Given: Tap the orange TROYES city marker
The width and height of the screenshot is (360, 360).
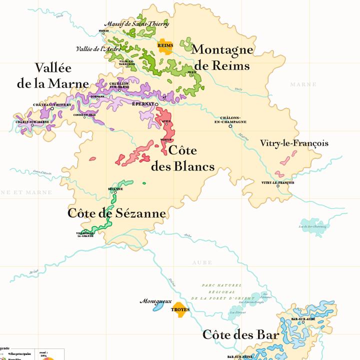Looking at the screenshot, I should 180,308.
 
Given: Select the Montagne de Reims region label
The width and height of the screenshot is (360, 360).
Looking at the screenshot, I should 222,57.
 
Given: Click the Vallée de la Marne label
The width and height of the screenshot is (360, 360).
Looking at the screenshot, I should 53,75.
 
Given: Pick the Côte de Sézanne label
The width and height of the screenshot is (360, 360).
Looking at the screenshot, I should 116,213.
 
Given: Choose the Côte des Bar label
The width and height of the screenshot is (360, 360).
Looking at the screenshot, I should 240,334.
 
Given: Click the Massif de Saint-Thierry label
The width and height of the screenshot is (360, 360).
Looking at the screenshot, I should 136,23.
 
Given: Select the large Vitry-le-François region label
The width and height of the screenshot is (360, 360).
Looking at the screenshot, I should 294,143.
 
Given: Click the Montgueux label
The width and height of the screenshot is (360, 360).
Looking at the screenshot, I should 155,301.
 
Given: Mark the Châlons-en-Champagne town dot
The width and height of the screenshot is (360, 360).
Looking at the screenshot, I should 230,126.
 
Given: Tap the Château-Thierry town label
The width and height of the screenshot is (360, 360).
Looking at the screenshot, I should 52,104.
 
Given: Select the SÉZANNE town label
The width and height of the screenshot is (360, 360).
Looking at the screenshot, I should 115,189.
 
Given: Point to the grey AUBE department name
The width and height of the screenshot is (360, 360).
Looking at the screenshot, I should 202,262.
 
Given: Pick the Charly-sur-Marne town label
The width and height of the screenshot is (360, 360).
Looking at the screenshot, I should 32,121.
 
